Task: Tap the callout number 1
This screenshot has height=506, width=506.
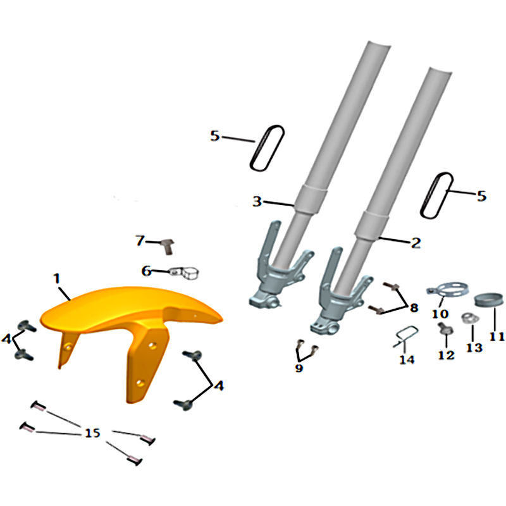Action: click(57, 278)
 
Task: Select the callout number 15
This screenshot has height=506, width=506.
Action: click(92, 433)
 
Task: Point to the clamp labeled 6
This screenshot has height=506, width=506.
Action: click(184, 273)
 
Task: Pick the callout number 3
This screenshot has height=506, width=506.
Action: click(257, 201)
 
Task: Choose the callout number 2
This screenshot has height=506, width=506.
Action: click(416, 243)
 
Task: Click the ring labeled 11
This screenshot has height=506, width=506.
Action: click(489, 299)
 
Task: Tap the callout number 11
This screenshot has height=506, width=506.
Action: click(497, 336)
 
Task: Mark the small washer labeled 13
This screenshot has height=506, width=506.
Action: click(470, 319)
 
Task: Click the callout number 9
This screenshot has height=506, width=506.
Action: click(299, 368)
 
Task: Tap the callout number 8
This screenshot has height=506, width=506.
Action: click(414, 308)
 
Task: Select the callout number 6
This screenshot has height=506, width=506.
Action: click(147, 271)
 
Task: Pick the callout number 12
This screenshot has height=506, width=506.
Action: click(447, 355)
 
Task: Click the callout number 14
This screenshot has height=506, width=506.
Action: click(407, 359)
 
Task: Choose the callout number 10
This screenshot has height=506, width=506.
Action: click(440, 314)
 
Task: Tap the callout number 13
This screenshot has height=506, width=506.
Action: click(474, 347)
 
